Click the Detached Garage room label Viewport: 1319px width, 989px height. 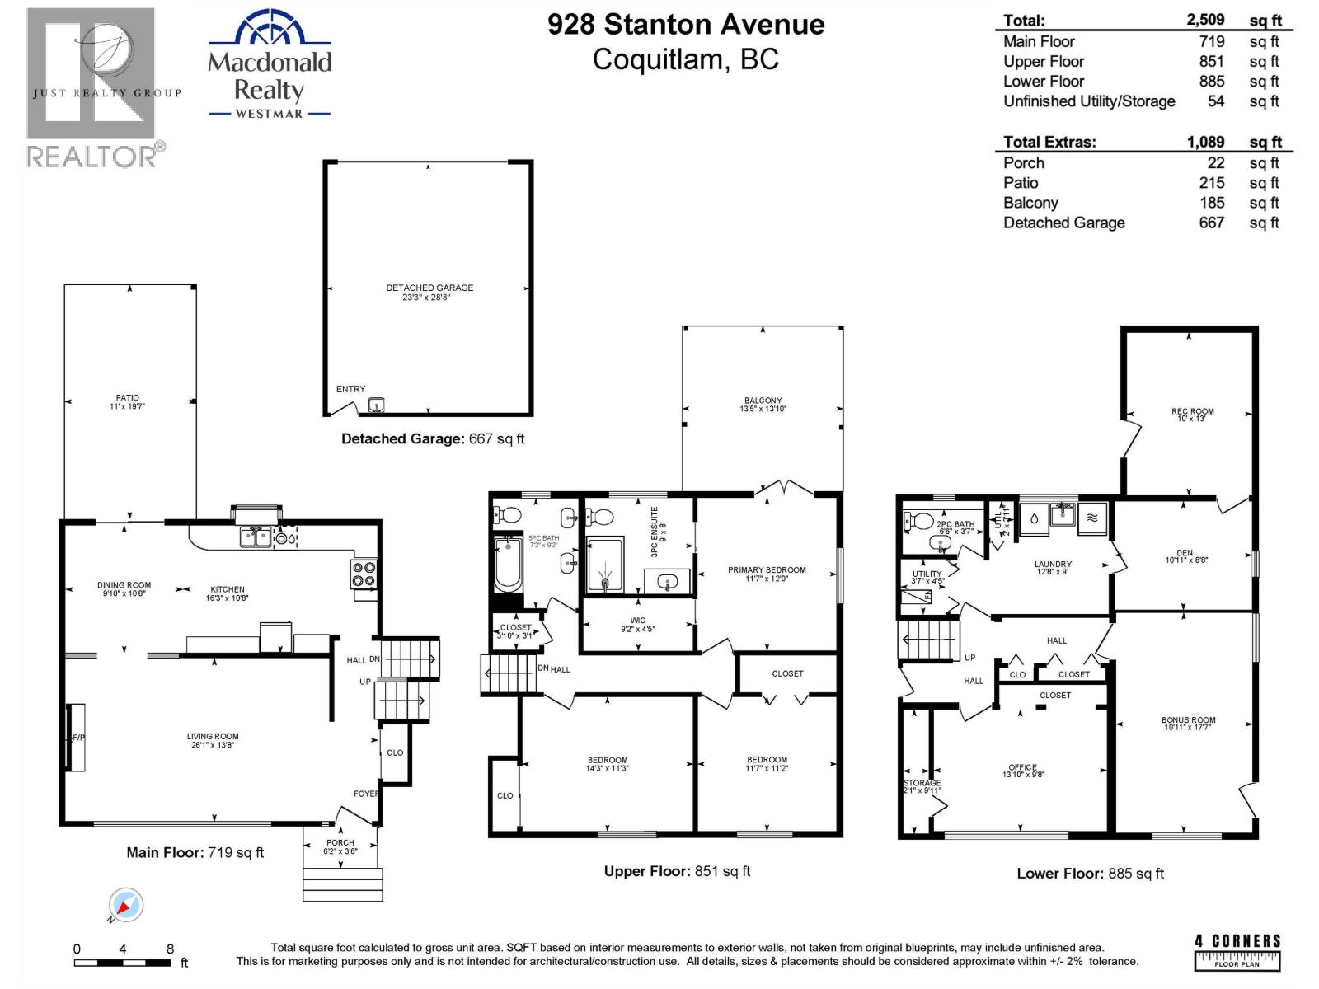[429, 288]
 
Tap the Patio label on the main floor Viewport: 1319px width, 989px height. [127, 398]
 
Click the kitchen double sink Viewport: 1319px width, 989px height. [255, 537]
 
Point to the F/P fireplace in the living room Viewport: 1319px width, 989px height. [76, 737]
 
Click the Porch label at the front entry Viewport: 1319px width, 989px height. [340, 842]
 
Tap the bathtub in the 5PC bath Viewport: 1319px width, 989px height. [508, 563]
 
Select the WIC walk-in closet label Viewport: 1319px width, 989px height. [637, 621]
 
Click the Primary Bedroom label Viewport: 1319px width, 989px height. [766, 569]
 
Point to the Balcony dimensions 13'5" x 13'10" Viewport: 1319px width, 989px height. [763, 409]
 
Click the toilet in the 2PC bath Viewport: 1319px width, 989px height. [918, 522]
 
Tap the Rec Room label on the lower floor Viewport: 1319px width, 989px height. [1192, 411]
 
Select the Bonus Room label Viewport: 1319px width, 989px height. [1188, 720]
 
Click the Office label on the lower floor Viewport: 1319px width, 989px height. [1022, 767]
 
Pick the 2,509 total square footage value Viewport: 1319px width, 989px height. [1205, 20]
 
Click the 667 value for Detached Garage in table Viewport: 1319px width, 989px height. [1211, 223]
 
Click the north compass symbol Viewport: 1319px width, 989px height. [126, 907]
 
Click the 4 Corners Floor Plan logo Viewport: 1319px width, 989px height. [1237, 953]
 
